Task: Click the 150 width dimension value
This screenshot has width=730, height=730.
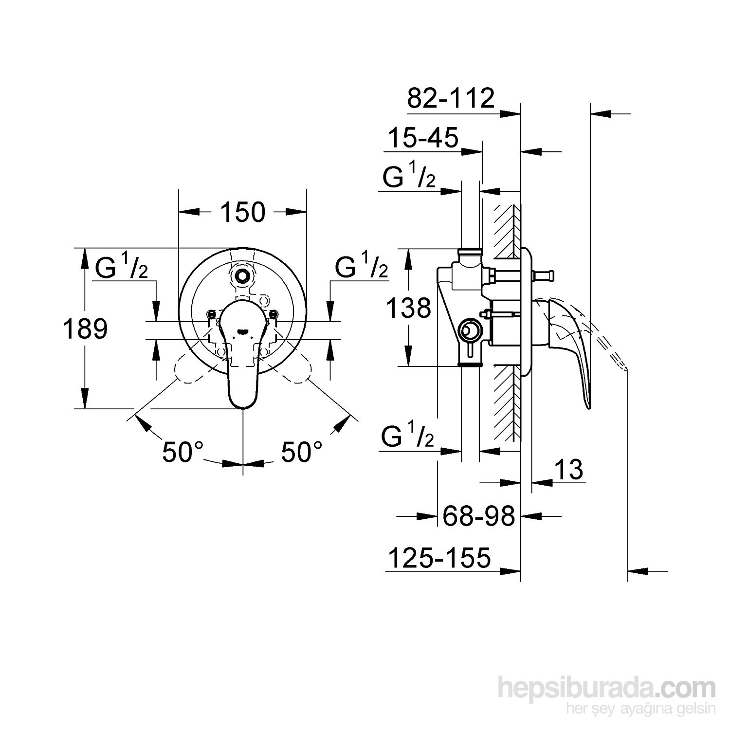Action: click(243, 212)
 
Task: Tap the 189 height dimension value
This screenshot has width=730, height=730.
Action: click(85, 329)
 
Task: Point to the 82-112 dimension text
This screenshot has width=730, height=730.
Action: click(451, 99)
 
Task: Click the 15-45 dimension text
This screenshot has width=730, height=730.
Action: click(423, 138)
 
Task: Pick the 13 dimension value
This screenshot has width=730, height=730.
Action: click(568, 470)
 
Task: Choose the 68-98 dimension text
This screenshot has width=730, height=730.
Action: click(478, 516)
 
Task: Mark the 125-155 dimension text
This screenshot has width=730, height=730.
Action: click(438, 558)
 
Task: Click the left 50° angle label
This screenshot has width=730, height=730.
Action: click(182, 452)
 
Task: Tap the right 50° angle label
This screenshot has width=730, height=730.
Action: click(302, 452)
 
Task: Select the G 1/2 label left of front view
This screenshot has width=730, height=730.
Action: click(121, 268)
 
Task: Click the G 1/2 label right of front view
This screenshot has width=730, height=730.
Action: click(361, 268)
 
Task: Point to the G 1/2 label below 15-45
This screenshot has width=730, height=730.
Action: click(408, 179)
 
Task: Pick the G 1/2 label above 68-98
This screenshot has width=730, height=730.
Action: click(407, 437)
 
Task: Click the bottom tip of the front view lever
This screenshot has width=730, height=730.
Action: click(243, 405)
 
